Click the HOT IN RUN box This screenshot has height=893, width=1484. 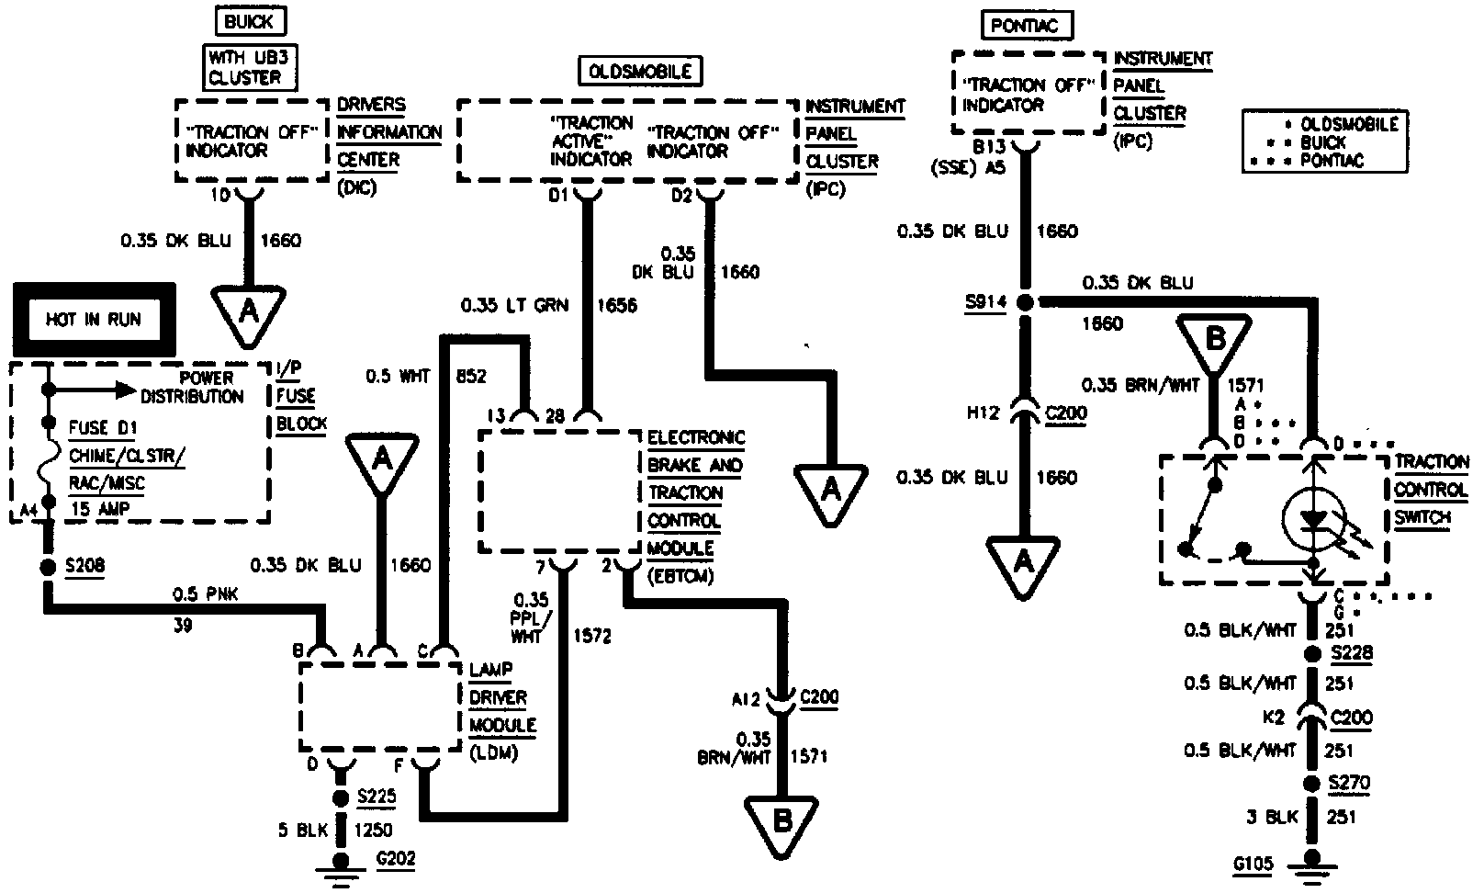93,321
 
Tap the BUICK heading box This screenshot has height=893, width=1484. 249,20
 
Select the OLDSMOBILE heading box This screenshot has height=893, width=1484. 639,71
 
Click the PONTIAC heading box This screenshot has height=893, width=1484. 1018,25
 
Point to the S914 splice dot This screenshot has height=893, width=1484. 1026,302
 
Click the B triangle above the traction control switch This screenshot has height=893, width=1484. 1214,342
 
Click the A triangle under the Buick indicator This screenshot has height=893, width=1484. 248,313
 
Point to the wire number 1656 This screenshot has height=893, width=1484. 617,305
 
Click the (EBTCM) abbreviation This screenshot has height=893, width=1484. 680,576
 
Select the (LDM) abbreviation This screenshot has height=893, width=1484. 494,753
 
